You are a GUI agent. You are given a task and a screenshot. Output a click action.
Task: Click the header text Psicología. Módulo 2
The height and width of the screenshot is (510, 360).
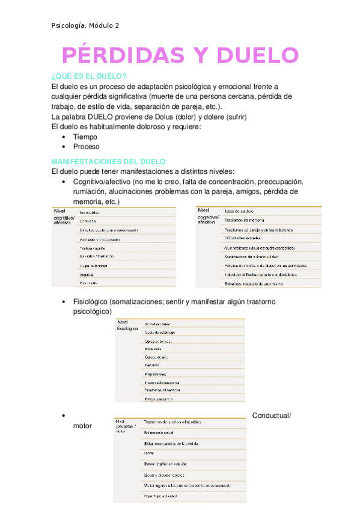coord(85,25)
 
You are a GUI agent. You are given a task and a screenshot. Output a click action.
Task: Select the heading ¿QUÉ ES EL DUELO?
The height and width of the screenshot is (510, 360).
coord(88,76)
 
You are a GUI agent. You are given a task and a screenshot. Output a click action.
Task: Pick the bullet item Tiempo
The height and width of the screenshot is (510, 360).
coord(85,137)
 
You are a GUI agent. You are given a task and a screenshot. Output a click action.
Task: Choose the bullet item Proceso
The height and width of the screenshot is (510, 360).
coord(87,146)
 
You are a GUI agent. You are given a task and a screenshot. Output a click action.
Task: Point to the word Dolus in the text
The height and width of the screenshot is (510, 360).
coord(149,116)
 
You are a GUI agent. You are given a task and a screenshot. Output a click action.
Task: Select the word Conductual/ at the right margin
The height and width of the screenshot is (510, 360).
coord(272,416)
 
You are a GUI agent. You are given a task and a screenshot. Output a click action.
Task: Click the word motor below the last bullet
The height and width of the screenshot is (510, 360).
coord(82,426)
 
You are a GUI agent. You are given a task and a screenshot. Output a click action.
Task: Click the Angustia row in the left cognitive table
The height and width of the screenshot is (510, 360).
coord(89,274)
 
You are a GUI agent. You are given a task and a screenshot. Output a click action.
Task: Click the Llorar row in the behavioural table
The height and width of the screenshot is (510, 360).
coord(150,452)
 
